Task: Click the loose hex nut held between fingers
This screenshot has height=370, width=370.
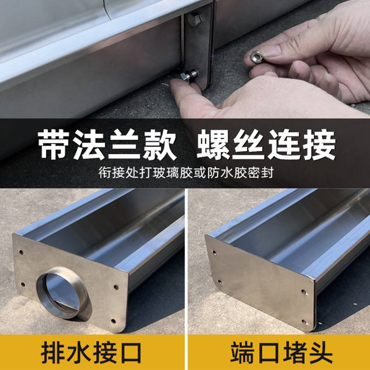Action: tap(255, 57)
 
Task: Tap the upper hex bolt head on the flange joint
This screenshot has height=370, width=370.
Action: tap(194, 19)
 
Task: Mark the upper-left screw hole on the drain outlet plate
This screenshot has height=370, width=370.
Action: tap(21, 253)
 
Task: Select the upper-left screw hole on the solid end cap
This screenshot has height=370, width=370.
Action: tap(214, 253)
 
